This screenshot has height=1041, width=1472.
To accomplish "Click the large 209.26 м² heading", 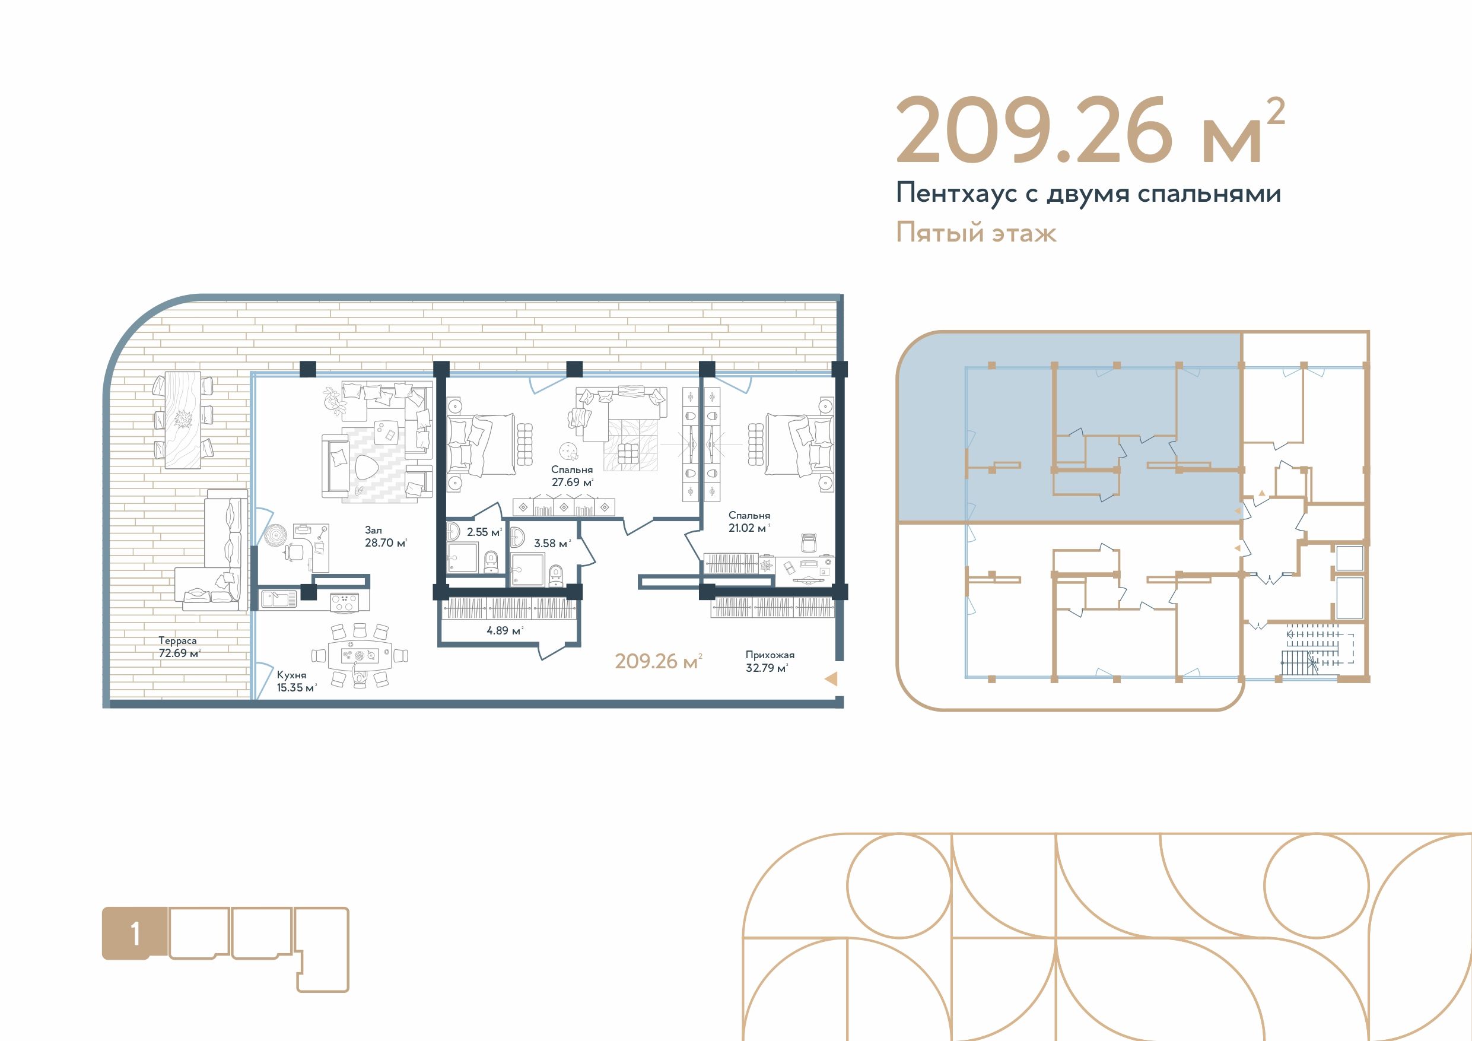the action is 1090,130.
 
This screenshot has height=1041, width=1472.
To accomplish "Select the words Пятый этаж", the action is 976,232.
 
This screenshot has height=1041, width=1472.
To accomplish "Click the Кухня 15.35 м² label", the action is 297,681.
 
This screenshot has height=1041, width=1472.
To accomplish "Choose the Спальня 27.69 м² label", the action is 572,476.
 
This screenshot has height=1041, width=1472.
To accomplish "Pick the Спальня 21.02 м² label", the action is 749,522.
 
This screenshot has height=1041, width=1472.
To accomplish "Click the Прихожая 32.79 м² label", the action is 770,661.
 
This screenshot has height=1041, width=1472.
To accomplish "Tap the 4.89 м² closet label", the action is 505,630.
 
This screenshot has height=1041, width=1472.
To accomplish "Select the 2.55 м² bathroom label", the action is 485,532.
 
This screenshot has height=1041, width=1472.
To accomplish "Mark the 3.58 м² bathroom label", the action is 552,543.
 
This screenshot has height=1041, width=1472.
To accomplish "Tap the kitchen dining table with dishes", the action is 359,655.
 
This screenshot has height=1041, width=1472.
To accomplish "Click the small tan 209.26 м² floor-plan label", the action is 659,661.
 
